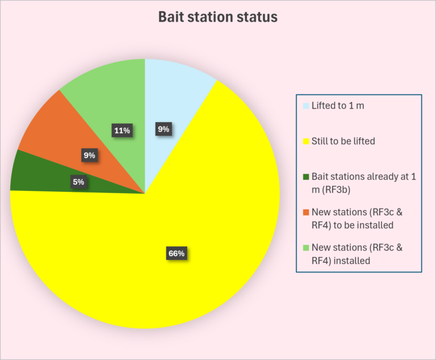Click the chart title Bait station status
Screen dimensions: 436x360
218,16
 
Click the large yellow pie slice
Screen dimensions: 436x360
178,236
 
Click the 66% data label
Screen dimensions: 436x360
177,253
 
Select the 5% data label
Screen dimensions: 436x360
79,182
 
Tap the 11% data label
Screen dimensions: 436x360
122,131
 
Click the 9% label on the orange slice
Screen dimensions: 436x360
89,155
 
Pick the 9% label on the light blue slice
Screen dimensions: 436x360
163,129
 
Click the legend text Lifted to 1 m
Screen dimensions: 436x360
338,106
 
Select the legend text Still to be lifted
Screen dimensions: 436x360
343,141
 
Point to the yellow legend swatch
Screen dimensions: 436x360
306,141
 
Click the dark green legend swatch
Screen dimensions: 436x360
306,177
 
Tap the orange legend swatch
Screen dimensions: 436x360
306,212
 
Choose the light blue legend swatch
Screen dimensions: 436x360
306,106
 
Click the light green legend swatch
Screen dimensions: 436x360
306,248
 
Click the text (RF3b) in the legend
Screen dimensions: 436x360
337,190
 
